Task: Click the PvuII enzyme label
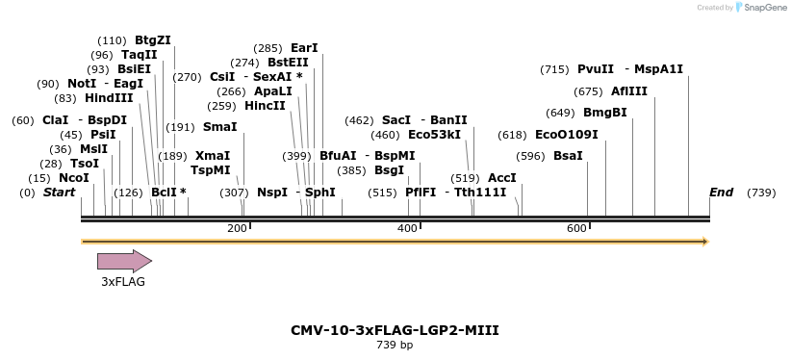point(596,69)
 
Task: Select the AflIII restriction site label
point(629,91)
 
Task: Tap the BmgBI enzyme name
point(605,113)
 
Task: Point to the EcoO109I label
point(566,135)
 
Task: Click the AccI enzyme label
point(502,178)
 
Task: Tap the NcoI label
point(73,178)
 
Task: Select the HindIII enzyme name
point(109,98)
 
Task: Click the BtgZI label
point(153,40)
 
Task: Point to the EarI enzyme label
point(304,48)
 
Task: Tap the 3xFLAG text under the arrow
point(123,282)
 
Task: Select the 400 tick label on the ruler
point(407,228)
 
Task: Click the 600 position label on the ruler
point(576,228)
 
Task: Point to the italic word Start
point(59,193)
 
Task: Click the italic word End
point(721,193)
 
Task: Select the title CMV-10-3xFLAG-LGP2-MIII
point(395,330)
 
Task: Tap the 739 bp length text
point(395,345)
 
